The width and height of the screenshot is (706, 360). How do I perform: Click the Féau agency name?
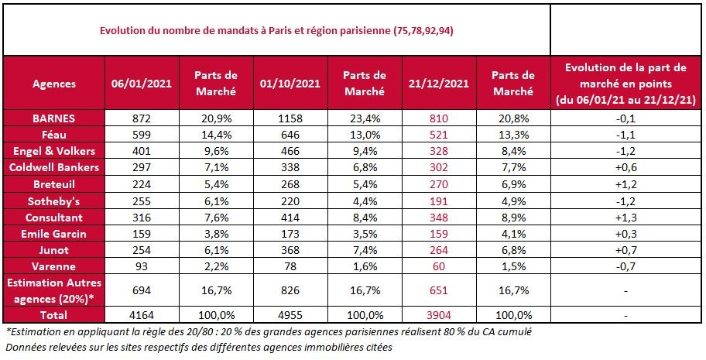pyautogui.click(x=53, y=135)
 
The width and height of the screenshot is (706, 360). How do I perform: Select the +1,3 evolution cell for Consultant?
pyautogui.click(x=627, y=218)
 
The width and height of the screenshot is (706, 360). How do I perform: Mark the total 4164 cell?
pyautogui.click(x=143, y=315)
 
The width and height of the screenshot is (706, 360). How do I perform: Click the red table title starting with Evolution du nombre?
pyautogui.click(x=276, y=32)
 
